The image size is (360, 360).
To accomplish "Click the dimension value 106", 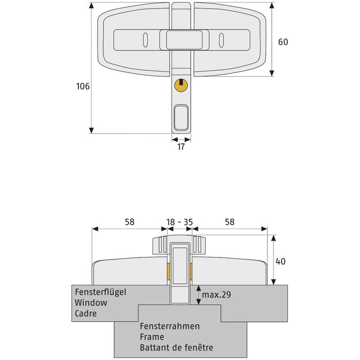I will [x=83, y=86].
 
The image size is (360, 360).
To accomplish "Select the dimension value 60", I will [x=283, y=42].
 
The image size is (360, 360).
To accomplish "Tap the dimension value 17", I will [x=180, y=147].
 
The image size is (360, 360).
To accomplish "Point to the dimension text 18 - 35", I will [x=180, y=221].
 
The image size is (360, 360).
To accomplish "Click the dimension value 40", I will [x=280, y=261].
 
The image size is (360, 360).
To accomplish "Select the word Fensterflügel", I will [x=101, y=292].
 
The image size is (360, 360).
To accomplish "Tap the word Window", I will [x=91, y=302].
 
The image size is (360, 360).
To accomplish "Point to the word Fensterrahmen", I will [x=170, y=326].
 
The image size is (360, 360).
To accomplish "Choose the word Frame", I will [x=152, y=337].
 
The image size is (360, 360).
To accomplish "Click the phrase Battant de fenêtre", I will [x=176, y=347].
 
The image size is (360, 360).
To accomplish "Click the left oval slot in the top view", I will [x=145, y=40].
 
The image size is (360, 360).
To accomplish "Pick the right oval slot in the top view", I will [x=221, y=40].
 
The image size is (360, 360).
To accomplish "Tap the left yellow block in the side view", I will [x=168, y=271].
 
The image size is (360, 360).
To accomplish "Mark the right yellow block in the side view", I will [x=191, y=271].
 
